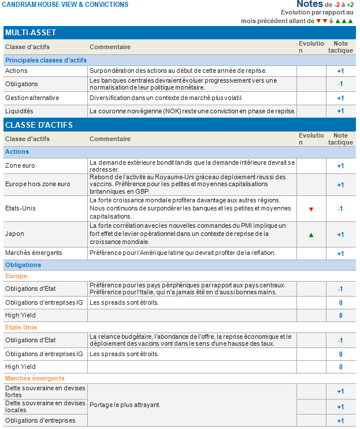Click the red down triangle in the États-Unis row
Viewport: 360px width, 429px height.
click(x=311, y=209)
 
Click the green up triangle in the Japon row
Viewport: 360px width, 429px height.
click(x=311, y=235)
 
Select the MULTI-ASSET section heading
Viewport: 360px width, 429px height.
click(x=31, y=33)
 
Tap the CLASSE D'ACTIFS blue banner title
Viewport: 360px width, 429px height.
click(x=39, y=125)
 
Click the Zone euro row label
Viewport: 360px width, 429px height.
click(x=21, y=166)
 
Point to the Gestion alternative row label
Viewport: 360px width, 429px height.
click(x=32, y=98)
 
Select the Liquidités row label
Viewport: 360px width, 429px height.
click(x=19, y=111)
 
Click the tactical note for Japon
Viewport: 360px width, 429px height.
click(x=340, y=235)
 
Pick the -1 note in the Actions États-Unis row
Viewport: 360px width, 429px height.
click(x=340, y=209)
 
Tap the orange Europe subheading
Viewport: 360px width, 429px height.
click(x=16, y=276)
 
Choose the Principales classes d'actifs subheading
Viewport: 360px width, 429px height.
click(x=46, y=60)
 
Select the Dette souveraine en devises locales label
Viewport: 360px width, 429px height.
click(x=40, y=406)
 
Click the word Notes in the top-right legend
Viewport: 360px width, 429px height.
click(x=310, y=4)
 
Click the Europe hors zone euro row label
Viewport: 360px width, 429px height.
click(x=38, y=184)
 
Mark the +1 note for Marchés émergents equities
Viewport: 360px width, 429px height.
click(x=340, y=253)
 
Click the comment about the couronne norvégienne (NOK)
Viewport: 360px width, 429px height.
click(x=192, y=111)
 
